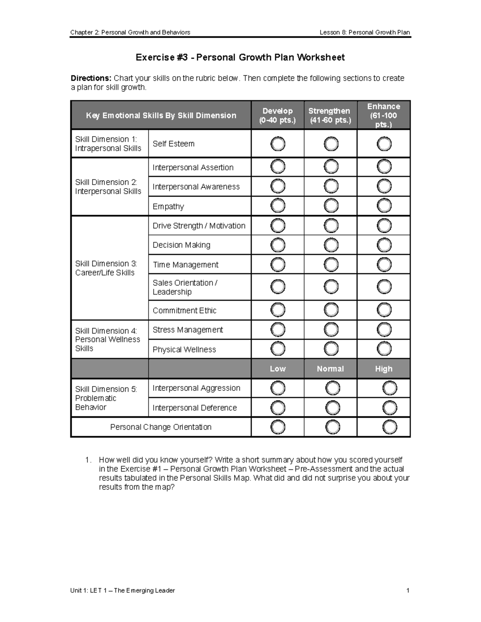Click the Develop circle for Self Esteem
coord(278,144)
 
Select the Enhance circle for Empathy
coord(384,206)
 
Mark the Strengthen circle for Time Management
coord(331,264)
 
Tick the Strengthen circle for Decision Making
coord(331,245)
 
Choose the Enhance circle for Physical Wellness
coord(384,349)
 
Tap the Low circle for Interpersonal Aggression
coord(278,388)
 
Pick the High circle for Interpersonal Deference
coord(390,408)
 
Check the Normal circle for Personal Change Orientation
coord(333,427)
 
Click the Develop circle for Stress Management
coord(278,330)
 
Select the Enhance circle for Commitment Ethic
coord(384,310)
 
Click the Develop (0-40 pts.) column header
coord(277,115)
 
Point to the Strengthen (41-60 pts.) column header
coord(330,115)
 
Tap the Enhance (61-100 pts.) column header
coord(384,115)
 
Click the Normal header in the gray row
coord(330,369)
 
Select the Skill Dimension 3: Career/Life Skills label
coord(106,268)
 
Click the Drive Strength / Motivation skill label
coord(199,225)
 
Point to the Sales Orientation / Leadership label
coord(185,287)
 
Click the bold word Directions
coord(91,78)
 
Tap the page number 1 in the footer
coord(408,590)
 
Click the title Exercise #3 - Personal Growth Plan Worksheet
coord(240,57)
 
